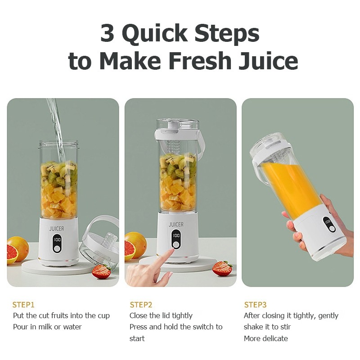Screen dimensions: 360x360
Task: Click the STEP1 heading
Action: click(x=23, y=305)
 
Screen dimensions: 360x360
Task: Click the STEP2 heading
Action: click(x=141, y=305)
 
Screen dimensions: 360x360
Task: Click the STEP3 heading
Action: click(x=255, y=305)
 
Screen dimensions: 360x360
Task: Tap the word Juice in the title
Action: click(x=268, y=61)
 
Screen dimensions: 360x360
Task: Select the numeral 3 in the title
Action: click(x=107, y=33)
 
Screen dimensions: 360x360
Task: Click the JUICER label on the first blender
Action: click(x=57, y=229)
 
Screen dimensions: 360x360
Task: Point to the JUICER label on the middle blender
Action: click(x=176, y=224)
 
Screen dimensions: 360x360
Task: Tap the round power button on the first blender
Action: click(x=57, y=249)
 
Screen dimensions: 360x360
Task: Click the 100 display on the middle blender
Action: click(x=176, y=235)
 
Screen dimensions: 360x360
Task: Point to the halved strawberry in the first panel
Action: click(x=101, y=271)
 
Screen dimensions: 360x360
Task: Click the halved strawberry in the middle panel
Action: click(x=222, y=268)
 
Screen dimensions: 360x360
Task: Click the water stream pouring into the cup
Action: click(x=57, y=129)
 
